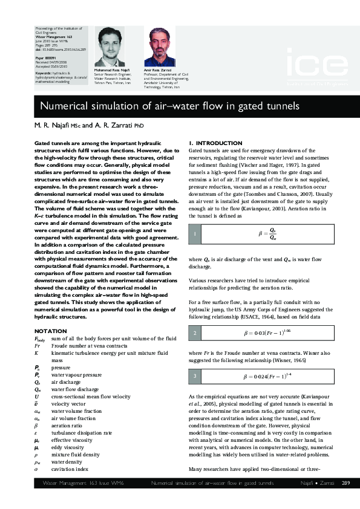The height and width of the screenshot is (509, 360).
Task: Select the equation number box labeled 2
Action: tap(195, 333)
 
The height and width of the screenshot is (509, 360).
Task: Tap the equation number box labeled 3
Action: tap(195, 377)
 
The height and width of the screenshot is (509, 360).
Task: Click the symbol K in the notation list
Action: tap(36, 352)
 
